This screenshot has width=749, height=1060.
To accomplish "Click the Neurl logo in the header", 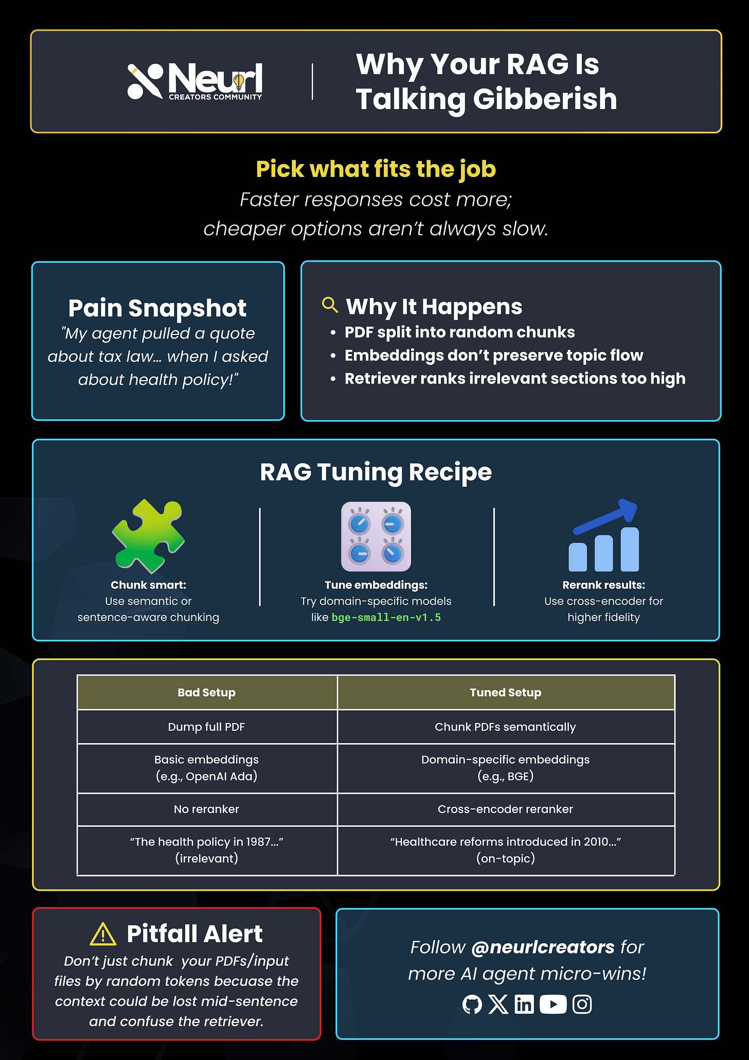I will coord(195,81).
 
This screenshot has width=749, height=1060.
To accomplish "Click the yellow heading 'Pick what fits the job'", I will coord(376,169).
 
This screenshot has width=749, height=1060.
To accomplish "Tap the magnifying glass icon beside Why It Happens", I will coord(330,305).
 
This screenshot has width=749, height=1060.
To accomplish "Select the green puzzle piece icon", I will coord(148,536).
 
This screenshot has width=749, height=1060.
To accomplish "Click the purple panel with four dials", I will coord(376,537).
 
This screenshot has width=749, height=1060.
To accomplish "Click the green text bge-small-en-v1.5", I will coord(386,617).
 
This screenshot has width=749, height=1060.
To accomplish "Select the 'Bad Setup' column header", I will coord(207,693).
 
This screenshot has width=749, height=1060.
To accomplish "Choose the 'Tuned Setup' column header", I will coord(506,693).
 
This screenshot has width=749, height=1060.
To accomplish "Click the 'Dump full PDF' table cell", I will coord(207,727).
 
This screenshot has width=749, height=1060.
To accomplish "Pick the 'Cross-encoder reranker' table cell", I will coord(506,809).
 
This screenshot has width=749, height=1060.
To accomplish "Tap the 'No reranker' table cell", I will coord(207,809).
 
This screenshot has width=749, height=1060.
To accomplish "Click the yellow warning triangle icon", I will coord(103,934).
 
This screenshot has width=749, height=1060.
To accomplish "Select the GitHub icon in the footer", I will coord(472,1004).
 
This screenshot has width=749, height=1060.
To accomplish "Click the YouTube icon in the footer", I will coord(553,1004).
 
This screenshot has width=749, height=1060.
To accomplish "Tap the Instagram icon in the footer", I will coord(582,1004).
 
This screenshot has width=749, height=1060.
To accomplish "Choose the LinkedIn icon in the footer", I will coord(524,1004).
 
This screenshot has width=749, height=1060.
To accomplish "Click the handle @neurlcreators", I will coord(542,947).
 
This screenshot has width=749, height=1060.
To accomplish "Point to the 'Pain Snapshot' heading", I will coord(157,308).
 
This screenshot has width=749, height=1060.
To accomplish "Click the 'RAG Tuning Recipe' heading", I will coord(376,472).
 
